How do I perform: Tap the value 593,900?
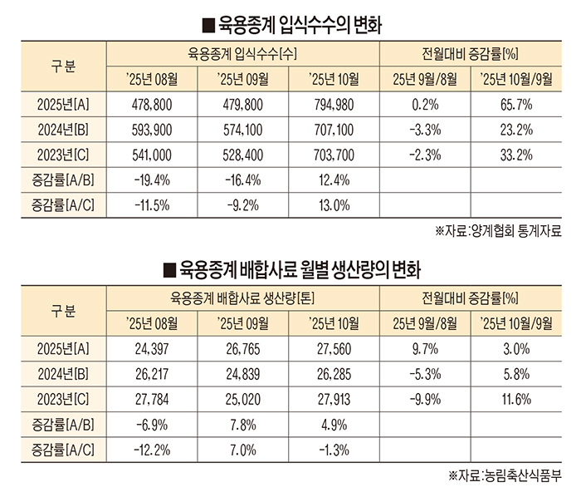click(151, 130)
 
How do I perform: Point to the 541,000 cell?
click(151, 155)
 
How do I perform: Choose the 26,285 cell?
click(334, 375)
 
